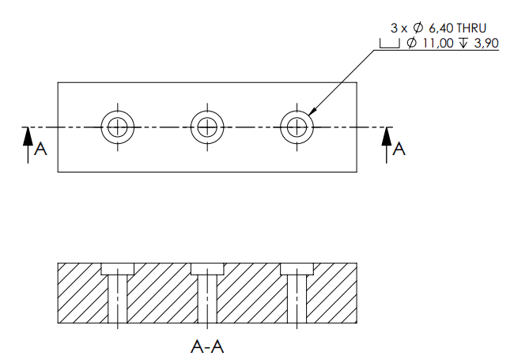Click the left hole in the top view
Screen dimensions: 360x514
118,127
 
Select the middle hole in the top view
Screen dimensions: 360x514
207,127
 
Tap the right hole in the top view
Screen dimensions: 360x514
297,127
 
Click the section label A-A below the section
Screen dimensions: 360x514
207,346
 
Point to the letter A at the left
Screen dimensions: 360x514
41,148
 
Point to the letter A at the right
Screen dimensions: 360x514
399,148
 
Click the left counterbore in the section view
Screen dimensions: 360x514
118,268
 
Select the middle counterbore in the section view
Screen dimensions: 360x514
207,268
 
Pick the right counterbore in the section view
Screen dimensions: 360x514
297,268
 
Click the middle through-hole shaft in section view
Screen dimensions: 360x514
207,301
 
